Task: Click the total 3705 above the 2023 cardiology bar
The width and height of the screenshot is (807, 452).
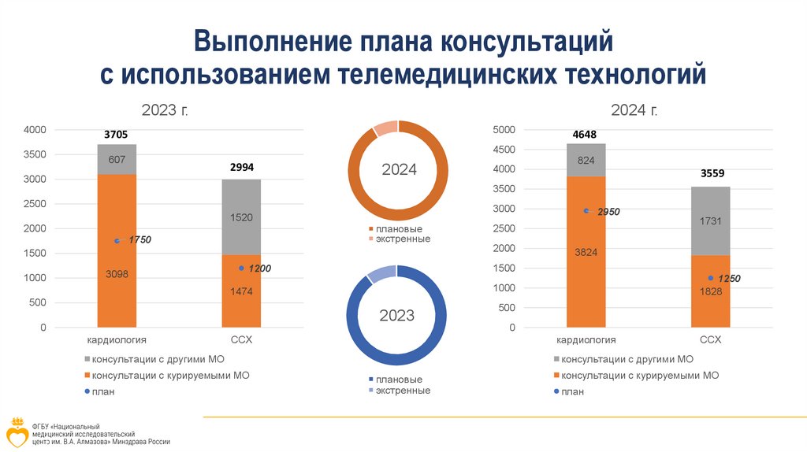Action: pyautogui.click(x=117, y=134)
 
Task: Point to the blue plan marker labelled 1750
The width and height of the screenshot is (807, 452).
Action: pyautogui.click(x=117, y=241)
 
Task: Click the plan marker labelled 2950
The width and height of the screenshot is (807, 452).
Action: pyautogui.click(x=586, y=210)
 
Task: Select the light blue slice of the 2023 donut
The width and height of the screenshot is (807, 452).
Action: pyautogui.click(x=381, y=275)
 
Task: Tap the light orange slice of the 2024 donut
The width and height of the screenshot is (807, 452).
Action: pyautogui.click(x=385, y=129)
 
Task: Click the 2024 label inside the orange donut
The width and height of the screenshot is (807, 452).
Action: pyautogui.click(x=399, y=170)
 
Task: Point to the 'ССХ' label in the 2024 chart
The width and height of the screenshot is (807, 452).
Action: pyautogui.click(x=710, y=340)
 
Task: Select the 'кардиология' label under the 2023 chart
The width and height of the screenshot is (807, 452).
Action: pyautogui.click(x=117, y=340)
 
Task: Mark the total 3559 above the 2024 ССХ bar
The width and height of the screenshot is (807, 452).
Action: pyautogui.click(x=710, y=173)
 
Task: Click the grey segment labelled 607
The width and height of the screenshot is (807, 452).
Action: pyautogui.click(x=117, y=160)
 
